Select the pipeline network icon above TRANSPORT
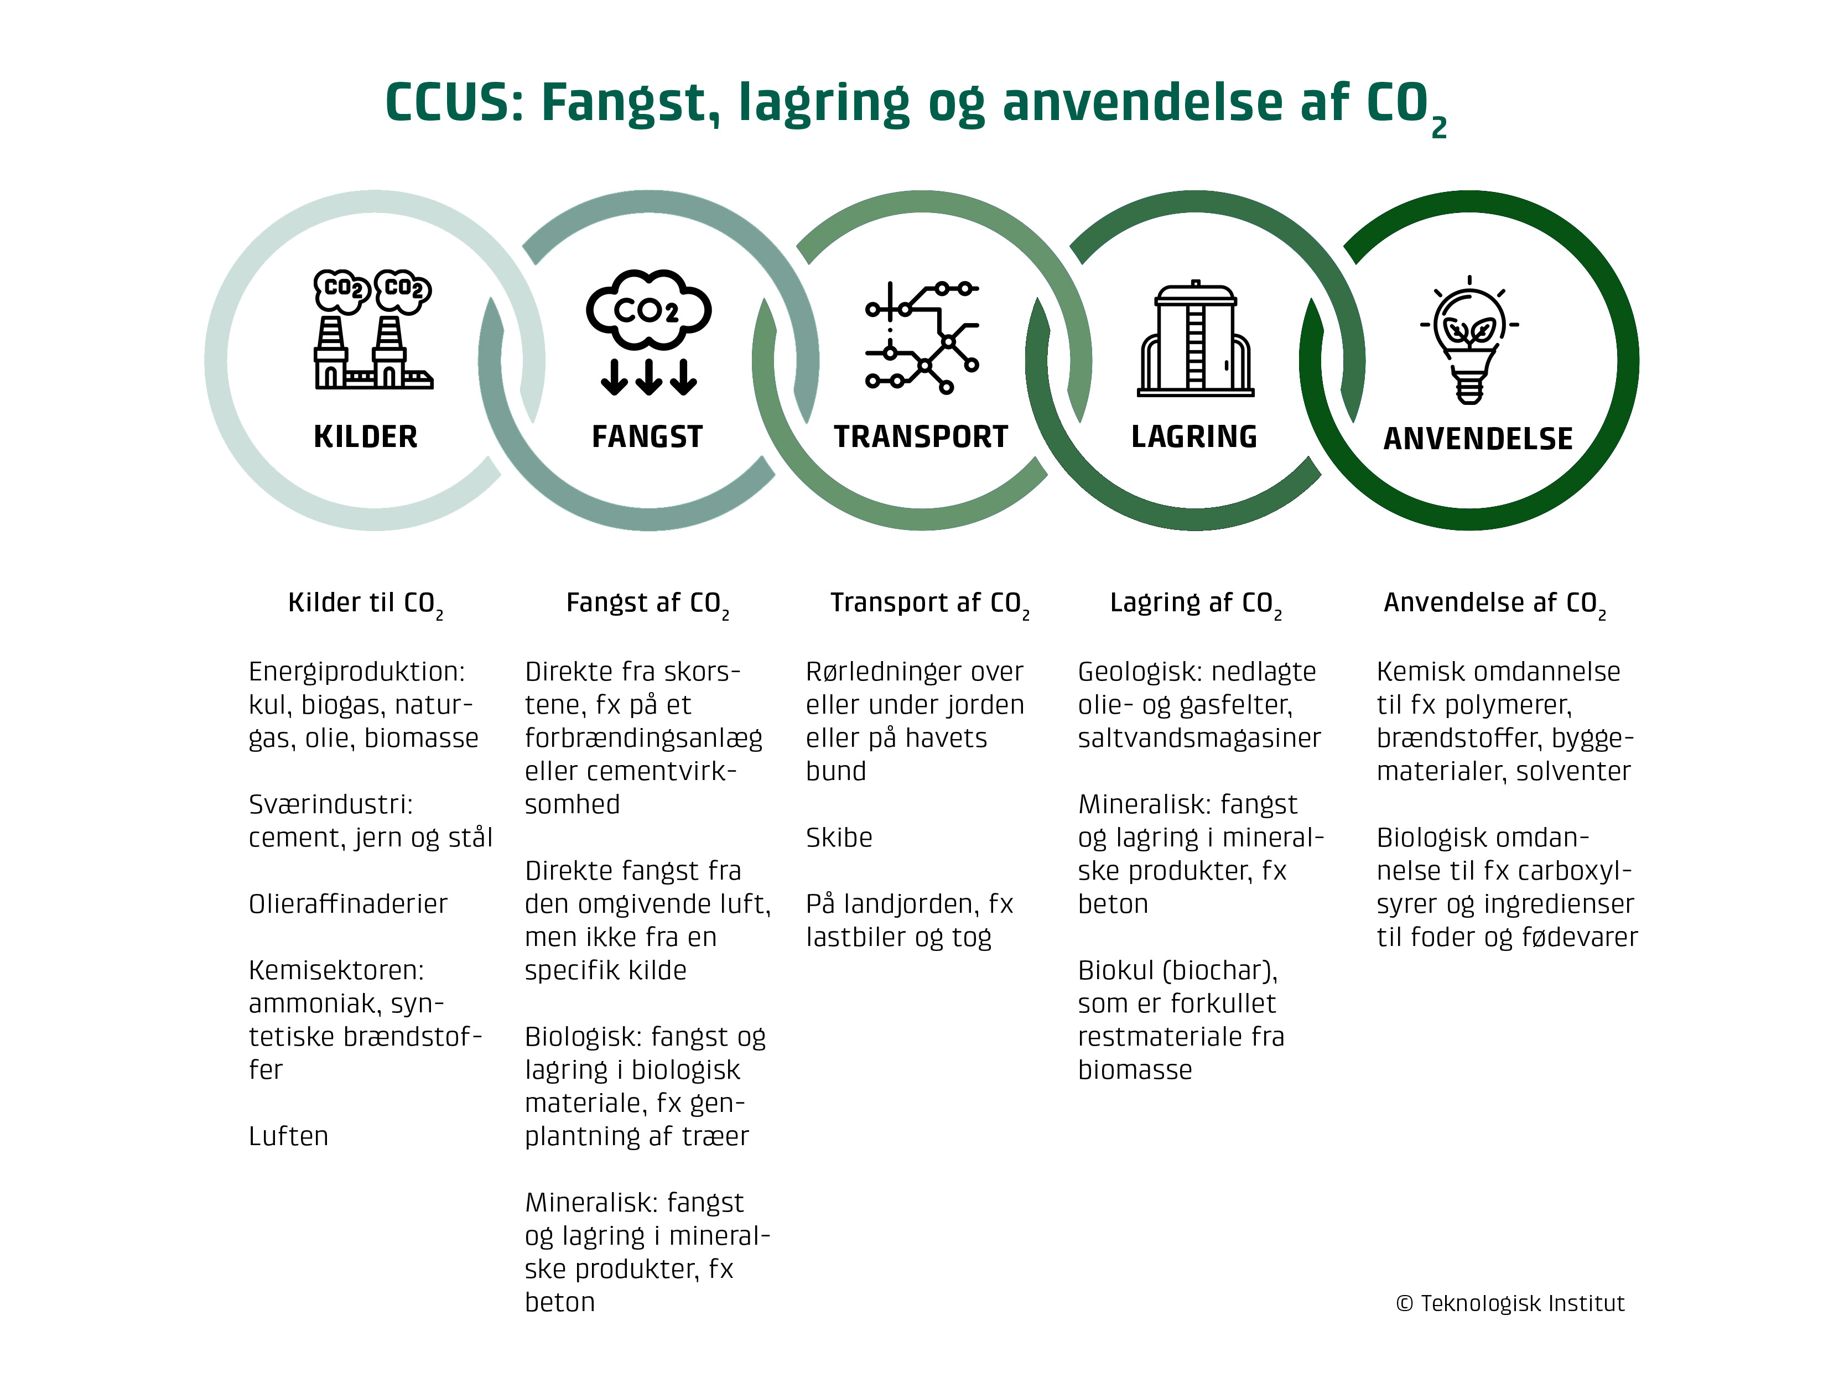point(922,337)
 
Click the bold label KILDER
point(365,437)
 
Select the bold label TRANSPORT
point(920,437)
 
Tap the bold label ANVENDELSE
point(1477,439)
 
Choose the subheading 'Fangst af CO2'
point(647,604)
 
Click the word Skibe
point(839,837)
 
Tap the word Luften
point(288,1136)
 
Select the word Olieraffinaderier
point(347,904)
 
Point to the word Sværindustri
point(330,804)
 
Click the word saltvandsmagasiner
point(1199,738)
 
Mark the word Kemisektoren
point(336,970)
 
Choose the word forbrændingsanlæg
point(643,739)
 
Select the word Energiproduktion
point(356,671)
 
